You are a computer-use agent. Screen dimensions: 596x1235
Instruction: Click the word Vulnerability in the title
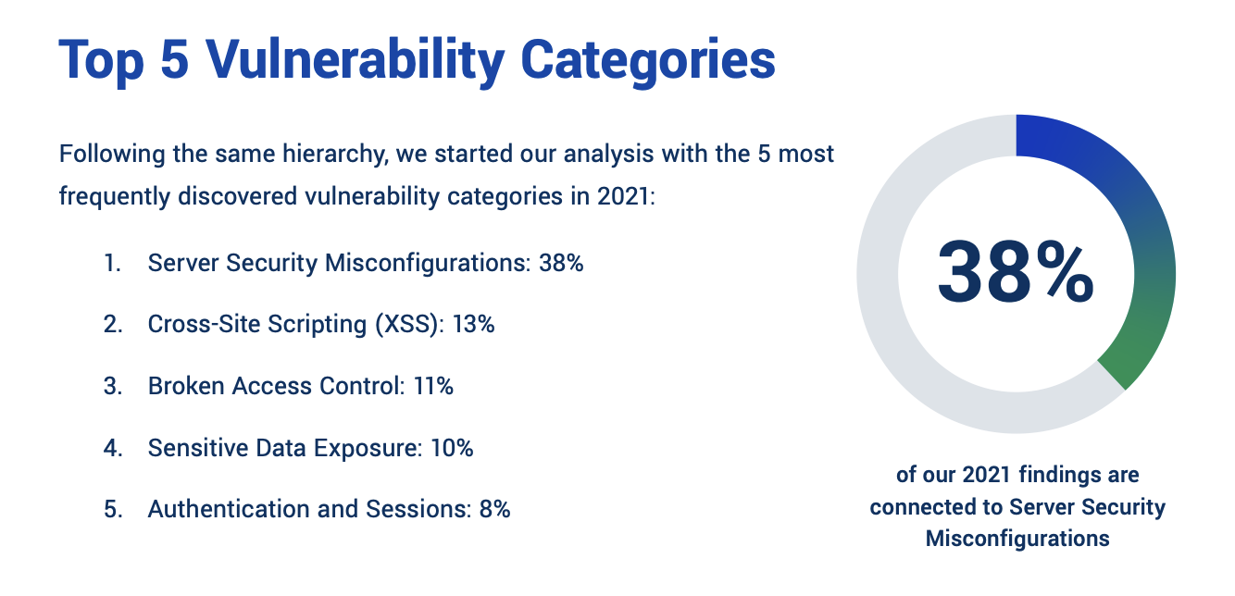pyautogui.click(x=355, y=60)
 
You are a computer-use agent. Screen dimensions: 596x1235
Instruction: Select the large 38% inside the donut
pyautogui.click(x=1016, y=273)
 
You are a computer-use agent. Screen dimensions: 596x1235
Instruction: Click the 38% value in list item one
pyautogui.click(x=561, y=264)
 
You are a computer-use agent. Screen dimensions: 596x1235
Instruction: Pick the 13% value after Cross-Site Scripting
pyautogui.click(x=473, y=325)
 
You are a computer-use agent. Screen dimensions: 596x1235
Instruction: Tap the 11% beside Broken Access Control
pyautogui.click(x=432, y=387)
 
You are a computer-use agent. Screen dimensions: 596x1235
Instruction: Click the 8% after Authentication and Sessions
pyautogui.click(x=494, y=509)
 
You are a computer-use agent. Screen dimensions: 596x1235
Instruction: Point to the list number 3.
pyautogui.click(x=112, y=387)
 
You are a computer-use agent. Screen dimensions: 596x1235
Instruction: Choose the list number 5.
pyautogui.click(x=112, y=509)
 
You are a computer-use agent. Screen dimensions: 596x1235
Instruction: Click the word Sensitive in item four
pyautogui.click(x=188, y=448)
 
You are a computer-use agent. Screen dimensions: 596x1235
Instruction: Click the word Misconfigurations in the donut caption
pyautogui.click(x=1017, y=539)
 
